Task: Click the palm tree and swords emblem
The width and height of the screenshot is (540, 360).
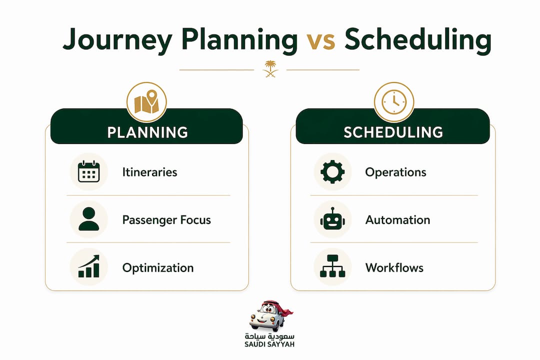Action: (270, 68)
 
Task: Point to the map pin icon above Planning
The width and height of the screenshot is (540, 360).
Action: (146, 102)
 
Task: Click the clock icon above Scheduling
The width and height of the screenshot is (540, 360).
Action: (394, 102)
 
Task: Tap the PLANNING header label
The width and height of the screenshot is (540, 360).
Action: (147, 132)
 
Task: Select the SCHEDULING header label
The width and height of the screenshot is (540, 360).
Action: (393, 132)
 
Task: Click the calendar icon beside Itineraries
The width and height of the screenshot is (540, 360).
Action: (89, 171)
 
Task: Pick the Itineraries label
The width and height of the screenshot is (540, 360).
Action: (150, 172)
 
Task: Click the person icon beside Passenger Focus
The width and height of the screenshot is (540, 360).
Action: (89, 219)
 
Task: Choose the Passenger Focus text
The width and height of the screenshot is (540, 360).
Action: (166, 220)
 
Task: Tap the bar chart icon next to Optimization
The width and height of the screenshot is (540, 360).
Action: (89, 266)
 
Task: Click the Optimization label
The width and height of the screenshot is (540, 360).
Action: (158, 268)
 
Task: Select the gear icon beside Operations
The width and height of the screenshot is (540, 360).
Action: (332, 171)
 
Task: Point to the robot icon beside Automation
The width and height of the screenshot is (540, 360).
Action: (332, 219)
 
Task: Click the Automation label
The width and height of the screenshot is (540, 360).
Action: (398, 220)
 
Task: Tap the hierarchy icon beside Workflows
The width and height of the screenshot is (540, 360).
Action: (332, 266)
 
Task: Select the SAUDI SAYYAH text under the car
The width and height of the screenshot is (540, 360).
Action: (269, 344)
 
